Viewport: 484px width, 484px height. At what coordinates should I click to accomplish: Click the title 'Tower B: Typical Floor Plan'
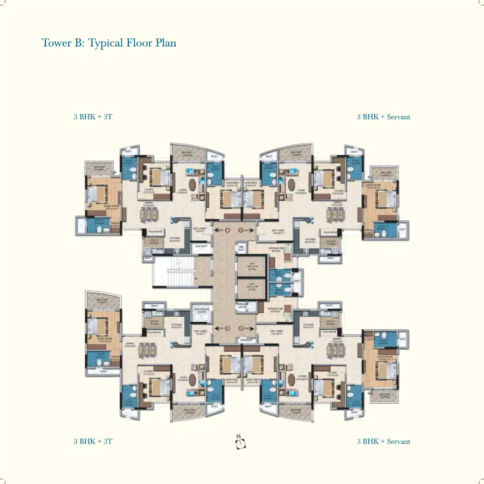(x=109, y=43)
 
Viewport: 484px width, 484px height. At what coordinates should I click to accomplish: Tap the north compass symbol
(x=240, y=443)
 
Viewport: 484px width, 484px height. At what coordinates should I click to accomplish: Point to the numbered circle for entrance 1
(x=241, y=230)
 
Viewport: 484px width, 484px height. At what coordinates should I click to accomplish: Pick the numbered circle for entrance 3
(x=227, y=328)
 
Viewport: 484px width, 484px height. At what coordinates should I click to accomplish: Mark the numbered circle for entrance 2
(x=241, y=328)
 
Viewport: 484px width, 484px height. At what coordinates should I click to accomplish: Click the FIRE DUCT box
(x=241, y=248)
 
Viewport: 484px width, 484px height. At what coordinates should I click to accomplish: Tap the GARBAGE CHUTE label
(x=242, y=306)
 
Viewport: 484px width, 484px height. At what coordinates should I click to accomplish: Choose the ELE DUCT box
(x=201, y=247)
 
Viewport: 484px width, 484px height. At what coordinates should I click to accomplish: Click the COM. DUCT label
(x=246, y=340)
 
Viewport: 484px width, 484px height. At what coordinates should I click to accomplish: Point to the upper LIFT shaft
(x=252, y=266)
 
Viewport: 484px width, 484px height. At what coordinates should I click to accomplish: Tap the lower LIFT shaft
(x=252, y=287)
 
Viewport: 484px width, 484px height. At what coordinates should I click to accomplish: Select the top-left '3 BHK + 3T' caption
(x=93, y=117)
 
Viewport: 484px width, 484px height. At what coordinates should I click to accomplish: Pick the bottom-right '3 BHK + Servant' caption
(x=383, y=441)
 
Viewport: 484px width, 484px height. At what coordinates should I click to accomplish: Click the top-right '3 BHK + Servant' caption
(x=383, y=117)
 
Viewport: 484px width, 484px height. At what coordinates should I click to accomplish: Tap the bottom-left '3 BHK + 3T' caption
(x=93, y=441)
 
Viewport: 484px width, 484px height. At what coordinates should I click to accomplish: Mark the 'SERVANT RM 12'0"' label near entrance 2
(x=275, y=310)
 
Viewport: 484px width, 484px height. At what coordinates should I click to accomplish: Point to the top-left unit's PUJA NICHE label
(x=155, y=231)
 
